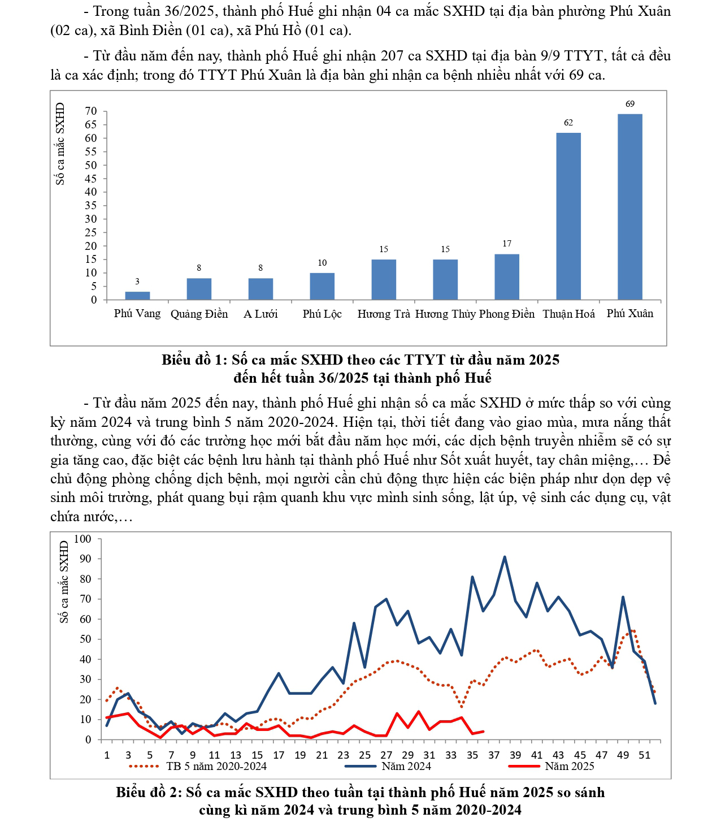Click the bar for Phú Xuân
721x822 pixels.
tap(629, 206)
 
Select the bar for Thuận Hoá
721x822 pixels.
tap(568, 216)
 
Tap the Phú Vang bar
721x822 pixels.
tap(137, 296)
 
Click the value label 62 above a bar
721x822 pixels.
tap(568, 123)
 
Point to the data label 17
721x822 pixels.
tap(507, 244)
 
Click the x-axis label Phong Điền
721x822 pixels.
tap(507, 314)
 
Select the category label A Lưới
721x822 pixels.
tap(260, 314)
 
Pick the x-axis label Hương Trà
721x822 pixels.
tap(384, 314)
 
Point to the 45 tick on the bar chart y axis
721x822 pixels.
tap(91, 179)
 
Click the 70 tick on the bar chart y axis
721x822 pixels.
tap(91, 111)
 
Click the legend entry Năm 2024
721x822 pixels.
tap(406, 767)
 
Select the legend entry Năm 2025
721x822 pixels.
tap(569, 767)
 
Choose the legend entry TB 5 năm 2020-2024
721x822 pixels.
tap(216, 767)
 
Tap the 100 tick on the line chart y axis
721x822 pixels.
tap(82, 539)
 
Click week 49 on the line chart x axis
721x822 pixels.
tap(623, 755)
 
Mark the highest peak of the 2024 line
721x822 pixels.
tap(504, 557)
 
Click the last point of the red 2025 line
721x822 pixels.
tap(483, 732)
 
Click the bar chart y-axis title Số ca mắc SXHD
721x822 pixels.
tap(60, 144)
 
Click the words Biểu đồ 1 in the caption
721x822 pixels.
tap(194, 360)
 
